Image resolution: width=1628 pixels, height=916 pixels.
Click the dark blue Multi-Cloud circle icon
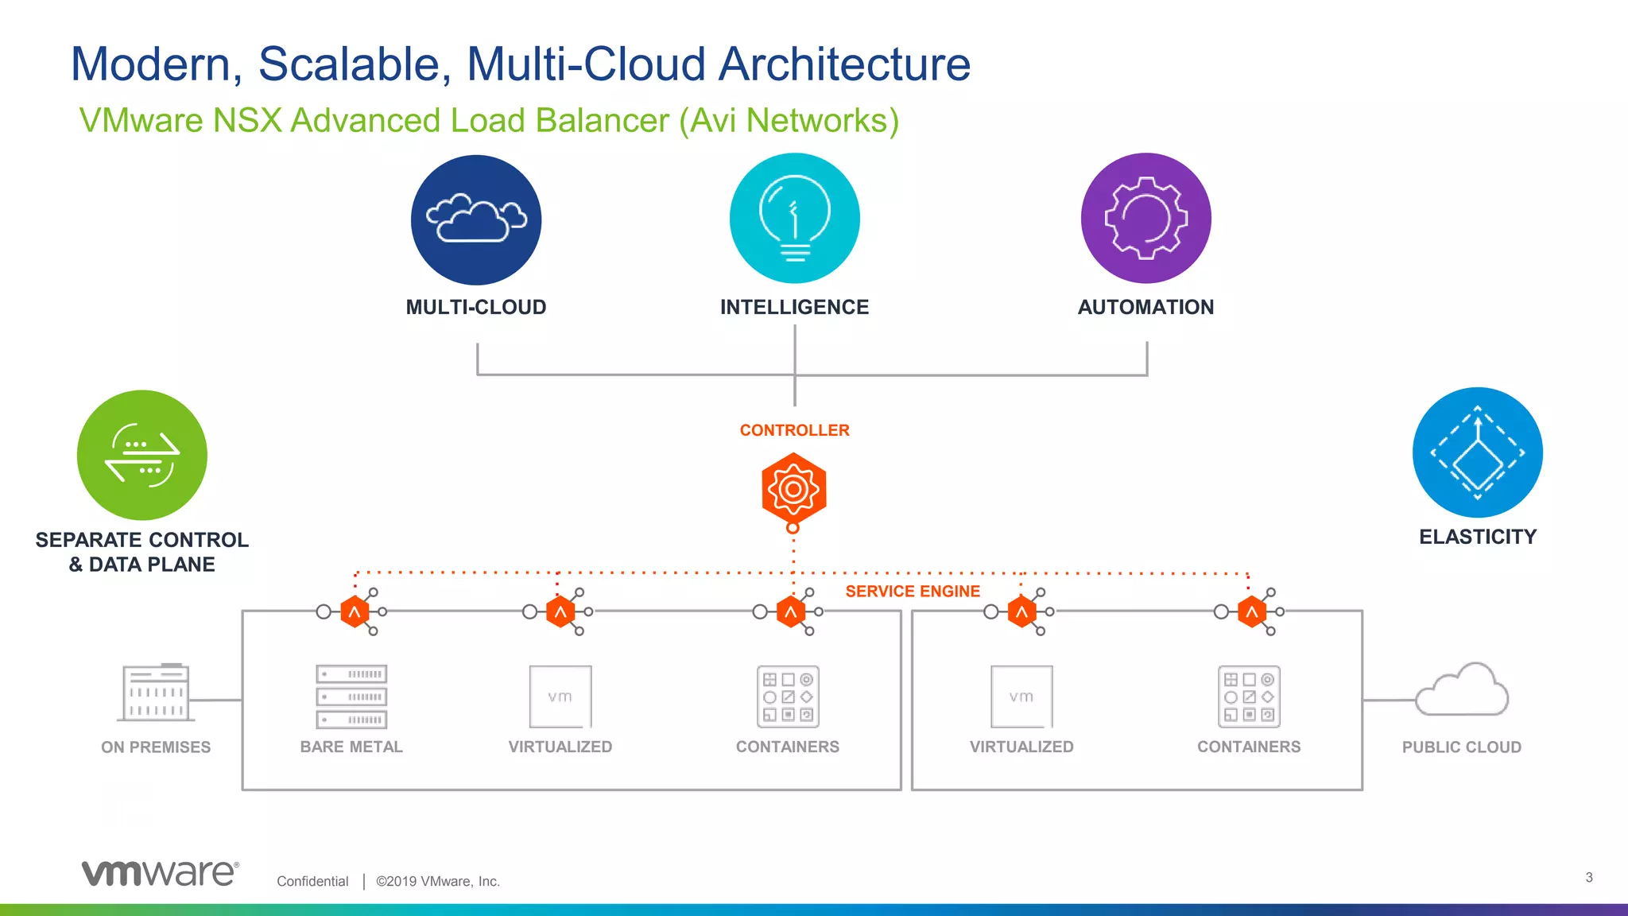coord(476,219)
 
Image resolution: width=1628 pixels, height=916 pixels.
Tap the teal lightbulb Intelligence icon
coord(794,218)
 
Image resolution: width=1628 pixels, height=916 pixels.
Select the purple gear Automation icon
coord(1145,218)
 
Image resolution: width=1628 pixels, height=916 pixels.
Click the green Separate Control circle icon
coord(142,455)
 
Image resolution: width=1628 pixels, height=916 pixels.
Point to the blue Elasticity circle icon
coord(1477,452)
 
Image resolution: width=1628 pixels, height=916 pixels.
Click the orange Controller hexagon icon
coord(793,488)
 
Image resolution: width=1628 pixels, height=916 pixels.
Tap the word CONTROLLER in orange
coord(794,430)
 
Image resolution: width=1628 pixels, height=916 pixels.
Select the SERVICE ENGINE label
coord(913,592)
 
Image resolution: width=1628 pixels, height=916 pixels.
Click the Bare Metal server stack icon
coord(351,697)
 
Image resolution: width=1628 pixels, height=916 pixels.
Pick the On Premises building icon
coord(156,692)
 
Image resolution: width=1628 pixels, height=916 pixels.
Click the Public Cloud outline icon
coord(1462,690)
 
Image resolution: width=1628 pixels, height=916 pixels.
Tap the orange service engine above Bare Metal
coord(355,611)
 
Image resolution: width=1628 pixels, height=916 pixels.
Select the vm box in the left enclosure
coord(560,697)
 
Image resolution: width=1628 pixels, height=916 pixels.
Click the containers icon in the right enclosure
coord(1249,697)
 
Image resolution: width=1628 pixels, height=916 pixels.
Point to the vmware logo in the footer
coord(160,872)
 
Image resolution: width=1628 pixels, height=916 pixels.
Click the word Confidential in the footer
coord(312,881)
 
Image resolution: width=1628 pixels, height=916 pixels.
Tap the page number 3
coord(1588,877)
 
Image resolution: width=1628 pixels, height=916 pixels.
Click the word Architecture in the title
coord(844,64)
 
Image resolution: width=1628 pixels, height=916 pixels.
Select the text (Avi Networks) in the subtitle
coord(789,121)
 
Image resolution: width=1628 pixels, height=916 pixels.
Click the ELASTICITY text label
coord(1477,537)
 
